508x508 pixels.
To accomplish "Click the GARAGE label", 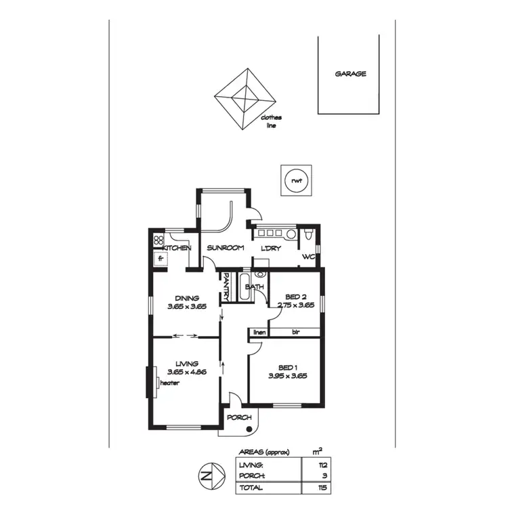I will tap(350, 74).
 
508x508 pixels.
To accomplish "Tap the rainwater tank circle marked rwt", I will tap(296, 180).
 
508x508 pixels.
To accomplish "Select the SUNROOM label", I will tap(226, 248).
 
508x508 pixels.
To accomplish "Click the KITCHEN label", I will tap(176, 248).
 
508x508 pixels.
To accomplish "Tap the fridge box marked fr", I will tap(161, 259).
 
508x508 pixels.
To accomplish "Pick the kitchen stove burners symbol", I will tap(159, 239).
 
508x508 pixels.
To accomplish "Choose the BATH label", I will tap(255, 287).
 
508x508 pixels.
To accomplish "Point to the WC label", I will tap(309, 257).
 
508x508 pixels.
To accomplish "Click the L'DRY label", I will tap(271, 248).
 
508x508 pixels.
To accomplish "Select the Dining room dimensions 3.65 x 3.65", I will tap(186, 307).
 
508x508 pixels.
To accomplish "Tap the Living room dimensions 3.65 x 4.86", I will tap(186, 373).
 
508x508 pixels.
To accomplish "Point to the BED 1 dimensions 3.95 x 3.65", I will tap(288, 375).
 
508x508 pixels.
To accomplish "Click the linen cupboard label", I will tap(259, 333).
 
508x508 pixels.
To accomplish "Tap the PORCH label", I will tap(238, 417).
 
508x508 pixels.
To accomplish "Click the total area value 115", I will tap(314, 487).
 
